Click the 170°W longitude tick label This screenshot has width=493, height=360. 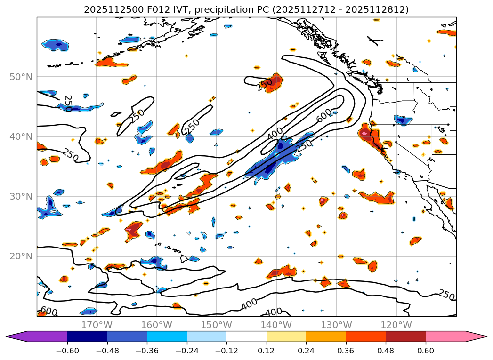coord(97,325)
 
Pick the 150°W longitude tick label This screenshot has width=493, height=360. coord(216,325)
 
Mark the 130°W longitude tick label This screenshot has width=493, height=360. coord(336,325)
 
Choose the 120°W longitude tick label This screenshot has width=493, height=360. coord(396,325)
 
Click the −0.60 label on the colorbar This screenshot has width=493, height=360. coord(67,351)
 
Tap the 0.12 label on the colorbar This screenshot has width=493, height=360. coord(267,351)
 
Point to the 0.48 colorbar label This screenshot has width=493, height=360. coord(386,351)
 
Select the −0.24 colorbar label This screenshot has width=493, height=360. coord(187,351)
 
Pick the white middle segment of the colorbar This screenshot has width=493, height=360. coord(246,336)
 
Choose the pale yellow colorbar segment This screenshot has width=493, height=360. coord(286,336)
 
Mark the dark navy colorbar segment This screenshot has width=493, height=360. coord(87,336)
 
